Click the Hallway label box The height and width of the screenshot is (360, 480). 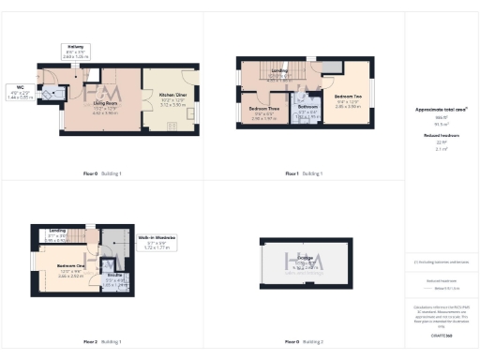click(x=77, y=51)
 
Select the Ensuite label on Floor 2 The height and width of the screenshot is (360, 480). click(x=113, y=276)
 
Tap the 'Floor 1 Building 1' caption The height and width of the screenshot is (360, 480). click(x=305, y=173)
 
